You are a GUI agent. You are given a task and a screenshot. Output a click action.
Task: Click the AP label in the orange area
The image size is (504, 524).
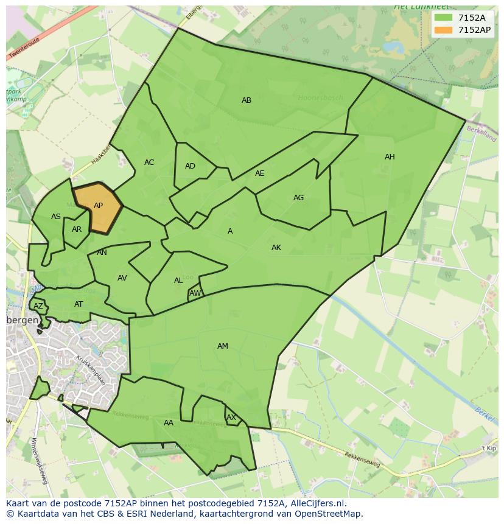(x=98, y=206)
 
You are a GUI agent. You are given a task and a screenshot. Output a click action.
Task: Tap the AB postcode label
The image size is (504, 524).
(x=247, y=100)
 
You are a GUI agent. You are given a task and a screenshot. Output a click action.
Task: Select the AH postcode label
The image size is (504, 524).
(x=390, y=157)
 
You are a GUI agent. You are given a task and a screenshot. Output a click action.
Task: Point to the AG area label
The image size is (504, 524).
(x=298, y=198)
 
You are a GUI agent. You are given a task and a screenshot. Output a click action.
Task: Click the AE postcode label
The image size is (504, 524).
(x=260, y=173)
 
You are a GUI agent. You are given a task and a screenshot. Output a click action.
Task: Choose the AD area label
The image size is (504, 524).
(x=190, y=166)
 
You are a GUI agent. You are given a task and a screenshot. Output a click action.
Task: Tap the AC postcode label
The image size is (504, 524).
(x=149, y=162)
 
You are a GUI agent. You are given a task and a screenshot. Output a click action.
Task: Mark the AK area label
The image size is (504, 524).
(x=276, y=248)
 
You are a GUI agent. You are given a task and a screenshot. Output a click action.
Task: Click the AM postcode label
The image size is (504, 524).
(x=223, y=346)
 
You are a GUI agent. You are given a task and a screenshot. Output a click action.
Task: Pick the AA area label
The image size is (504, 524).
(x=169, y=423)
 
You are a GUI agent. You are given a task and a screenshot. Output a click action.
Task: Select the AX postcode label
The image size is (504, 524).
(x=231, y=417)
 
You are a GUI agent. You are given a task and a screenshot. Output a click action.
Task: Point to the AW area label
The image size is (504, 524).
(x=195, y=293)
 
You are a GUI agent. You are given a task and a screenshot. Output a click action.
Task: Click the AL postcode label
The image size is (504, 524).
(x=178, y=281)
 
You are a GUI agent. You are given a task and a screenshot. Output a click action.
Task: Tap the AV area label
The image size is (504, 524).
(x=122, y=278)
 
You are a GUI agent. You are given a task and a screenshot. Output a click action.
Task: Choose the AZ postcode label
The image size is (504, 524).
(x=38, y=306)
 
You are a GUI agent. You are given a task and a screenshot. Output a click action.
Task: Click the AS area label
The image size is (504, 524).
(x=56, y=217)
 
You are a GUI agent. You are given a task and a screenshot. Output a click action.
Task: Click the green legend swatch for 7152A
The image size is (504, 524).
(x=444, y=18)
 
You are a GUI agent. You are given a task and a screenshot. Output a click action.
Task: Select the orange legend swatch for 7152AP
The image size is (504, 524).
(x=444, y=30)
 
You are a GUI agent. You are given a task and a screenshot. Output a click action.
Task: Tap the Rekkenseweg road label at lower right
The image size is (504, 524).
(x=363, y=459)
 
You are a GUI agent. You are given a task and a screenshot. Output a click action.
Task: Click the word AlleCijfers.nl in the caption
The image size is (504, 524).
(x=316, y=503)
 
